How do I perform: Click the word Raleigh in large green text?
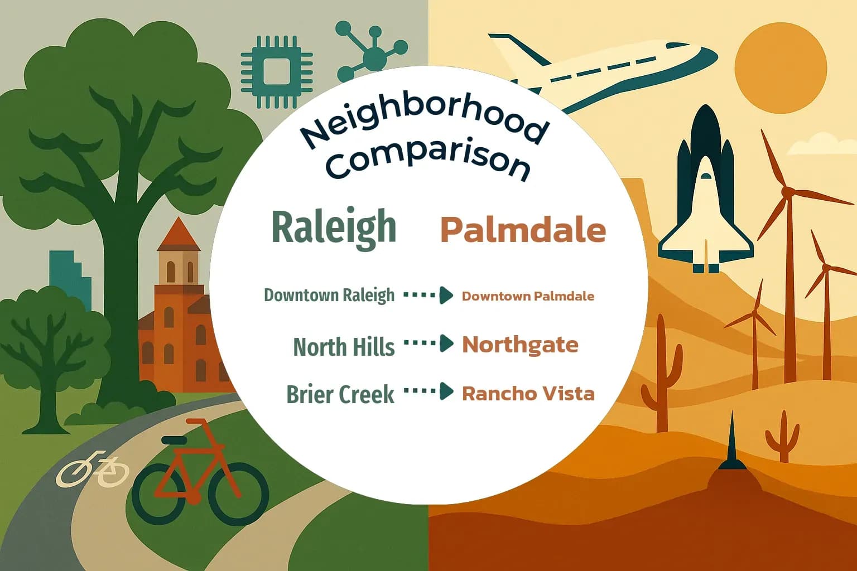click(334, 228)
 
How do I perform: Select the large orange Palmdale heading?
click(523, 229)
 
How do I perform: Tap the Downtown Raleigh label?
click(329, 295)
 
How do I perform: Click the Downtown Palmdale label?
click(528, 296)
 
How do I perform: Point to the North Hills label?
click(344, 347)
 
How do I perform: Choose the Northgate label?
click(520, 345)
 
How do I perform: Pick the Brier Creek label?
click(340, 394)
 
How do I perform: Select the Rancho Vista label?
click(528, 394)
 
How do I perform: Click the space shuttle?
click(706, 195)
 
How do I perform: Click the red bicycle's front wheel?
click(242, 493)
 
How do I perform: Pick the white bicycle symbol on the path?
click(93, 469)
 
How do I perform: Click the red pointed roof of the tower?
click(179, 234)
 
